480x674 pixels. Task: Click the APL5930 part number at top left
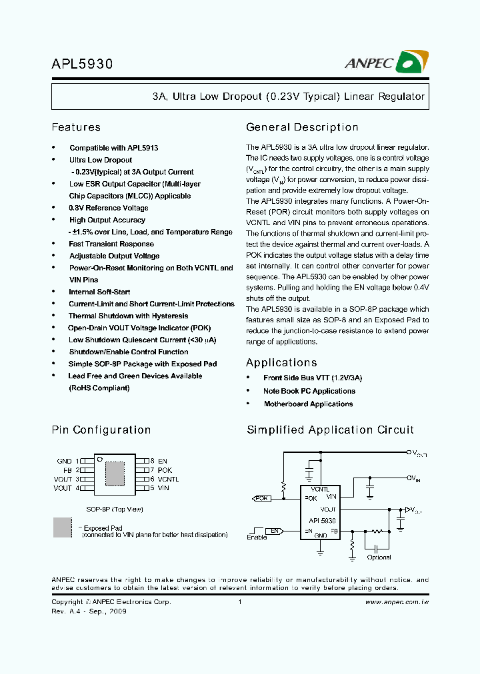[x=83, y=64]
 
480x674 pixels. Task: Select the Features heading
[x=76, y=127]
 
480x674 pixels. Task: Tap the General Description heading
[x=302, y=127]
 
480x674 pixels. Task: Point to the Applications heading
[x=281, y=363]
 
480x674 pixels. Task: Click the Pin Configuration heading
[x=101, y=430]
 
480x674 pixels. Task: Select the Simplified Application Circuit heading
[x=330, y=430]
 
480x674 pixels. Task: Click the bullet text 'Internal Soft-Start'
[x=99, y=292]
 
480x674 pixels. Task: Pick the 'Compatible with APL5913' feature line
[x=113, y=148]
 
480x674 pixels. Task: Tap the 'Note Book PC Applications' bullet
[x=309, y=391]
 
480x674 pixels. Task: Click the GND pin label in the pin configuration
[x=64, y=461]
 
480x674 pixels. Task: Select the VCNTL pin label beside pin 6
[x=168, y=479]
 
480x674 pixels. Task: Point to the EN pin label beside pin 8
[x=163, y=461]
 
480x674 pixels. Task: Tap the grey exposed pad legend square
[x=62, y=527]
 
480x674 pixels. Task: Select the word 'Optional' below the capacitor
[x=379, y=557]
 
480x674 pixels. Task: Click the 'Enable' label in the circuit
[x=257, y=537]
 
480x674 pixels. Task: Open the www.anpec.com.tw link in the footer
[x=397, y=602]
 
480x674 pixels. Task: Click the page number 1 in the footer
[x=239, y=602]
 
